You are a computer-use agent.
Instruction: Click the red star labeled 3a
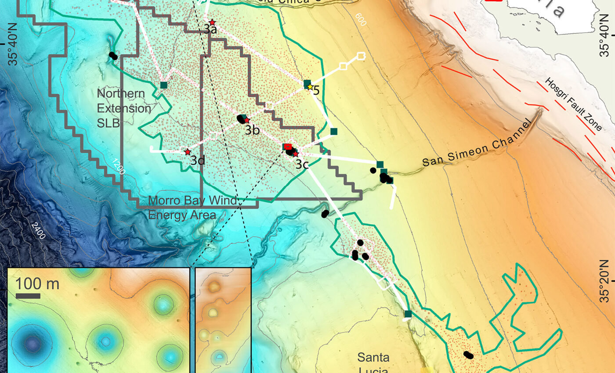point(212,22)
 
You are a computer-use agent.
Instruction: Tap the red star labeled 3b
point(247,120)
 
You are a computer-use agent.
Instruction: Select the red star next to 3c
point(296,154)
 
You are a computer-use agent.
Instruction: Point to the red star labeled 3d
point(188,152)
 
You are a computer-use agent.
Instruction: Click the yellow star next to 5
point(310,87)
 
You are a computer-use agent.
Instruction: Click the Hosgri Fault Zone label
point(574,105)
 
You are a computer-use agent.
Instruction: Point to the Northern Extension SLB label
point(124,108)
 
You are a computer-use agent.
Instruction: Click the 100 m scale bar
point(28,296)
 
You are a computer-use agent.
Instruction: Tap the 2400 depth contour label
point(38,230)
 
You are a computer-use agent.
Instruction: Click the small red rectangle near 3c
point(287,146)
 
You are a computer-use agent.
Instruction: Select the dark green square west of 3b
point(164,85)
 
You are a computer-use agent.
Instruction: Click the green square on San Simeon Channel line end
point(380,165)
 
